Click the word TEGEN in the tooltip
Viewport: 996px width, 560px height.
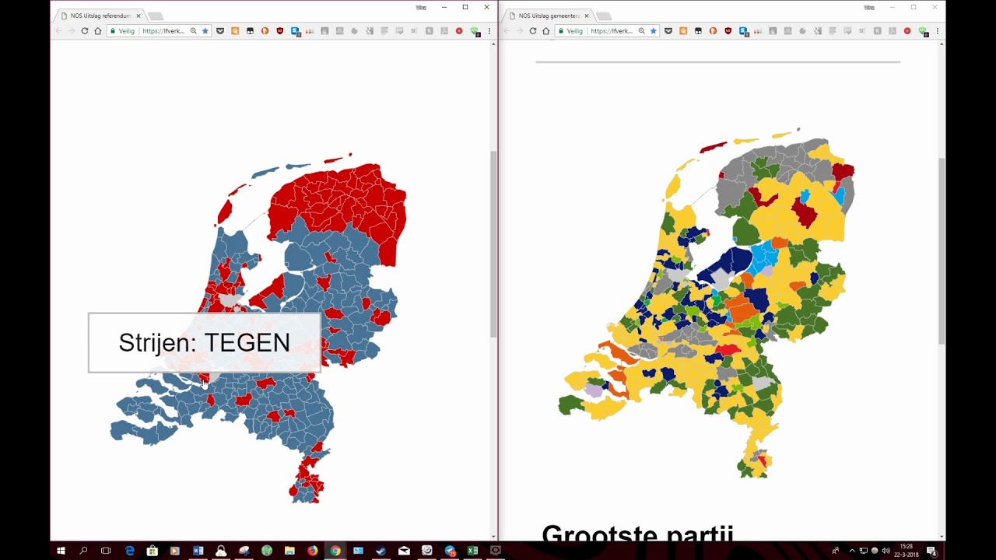(247, 343)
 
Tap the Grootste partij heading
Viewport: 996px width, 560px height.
(637, 534)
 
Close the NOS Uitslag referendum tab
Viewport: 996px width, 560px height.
(139, 16)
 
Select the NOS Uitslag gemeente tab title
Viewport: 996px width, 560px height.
(549, 16)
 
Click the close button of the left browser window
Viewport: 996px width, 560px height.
(487, 7)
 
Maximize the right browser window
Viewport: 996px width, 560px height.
(914, 7)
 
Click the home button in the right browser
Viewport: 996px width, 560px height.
(545, 31)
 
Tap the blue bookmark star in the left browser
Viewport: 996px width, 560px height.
(205, 31)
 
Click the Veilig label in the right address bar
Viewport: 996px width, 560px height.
(574, 31)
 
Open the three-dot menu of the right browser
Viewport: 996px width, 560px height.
(937, 31)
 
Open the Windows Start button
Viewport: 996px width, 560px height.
(61, 551)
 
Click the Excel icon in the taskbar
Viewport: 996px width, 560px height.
(472, 551)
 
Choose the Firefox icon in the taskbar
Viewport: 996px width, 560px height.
(313, 551)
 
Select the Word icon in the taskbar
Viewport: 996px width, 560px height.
(198, 551)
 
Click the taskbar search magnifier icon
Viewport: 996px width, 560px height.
(83, 551)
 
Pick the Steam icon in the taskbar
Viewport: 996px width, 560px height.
(381, 551)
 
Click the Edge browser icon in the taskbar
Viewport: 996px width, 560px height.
(129, 551)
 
